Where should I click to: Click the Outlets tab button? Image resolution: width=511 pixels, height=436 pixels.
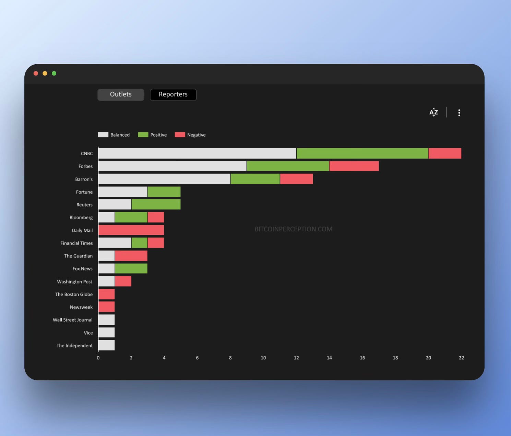click(x=121, y=94)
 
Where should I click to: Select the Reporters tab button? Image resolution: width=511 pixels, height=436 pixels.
click(x=173, y=94)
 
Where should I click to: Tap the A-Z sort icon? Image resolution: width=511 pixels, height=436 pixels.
click(x=433, y=112)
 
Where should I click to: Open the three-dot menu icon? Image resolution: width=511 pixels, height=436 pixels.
click(x=459, y=113)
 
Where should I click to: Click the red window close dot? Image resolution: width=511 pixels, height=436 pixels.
click(x=36, y=73)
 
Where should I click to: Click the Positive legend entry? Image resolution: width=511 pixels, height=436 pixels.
click(x=152, y=135)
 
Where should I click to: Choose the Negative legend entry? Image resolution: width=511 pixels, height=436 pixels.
click(x=190, y=135)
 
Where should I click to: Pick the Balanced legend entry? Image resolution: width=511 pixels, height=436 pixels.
click(x=114, y=135)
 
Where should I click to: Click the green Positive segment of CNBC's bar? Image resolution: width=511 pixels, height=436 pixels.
click(x=362, y=153)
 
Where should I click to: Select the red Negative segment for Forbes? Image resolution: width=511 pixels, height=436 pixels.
click(x=354, y=166)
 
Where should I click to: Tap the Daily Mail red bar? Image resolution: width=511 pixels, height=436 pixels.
click(x=131, y=230)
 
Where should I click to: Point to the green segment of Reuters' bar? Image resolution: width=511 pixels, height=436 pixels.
click(x=156, y=205)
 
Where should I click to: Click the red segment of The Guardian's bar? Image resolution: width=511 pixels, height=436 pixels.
click(x=131, y=256)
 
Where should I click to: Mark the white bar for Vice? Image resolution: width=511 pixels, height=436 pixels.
click(x=107, y=332)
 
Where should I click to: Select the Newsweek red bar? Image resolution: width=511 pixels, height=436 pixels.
click(x=107, y=307)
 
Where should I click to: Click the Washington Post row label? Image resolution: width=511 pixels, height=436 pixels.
click(x=74, y=282)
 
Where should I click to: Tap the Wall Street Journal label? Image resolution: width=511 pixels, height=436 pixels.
click(x=72, y=320)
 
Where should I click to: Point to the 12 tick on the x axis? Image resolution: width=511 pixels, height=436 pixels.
click(x=296, y=358)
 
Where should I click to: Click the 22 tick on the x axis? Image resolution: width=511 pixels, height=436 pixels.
click(x=461, y=358)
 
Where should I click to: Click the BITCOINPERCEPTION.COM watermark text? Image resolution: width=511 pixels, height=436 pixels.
click(x=294, y=229)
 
